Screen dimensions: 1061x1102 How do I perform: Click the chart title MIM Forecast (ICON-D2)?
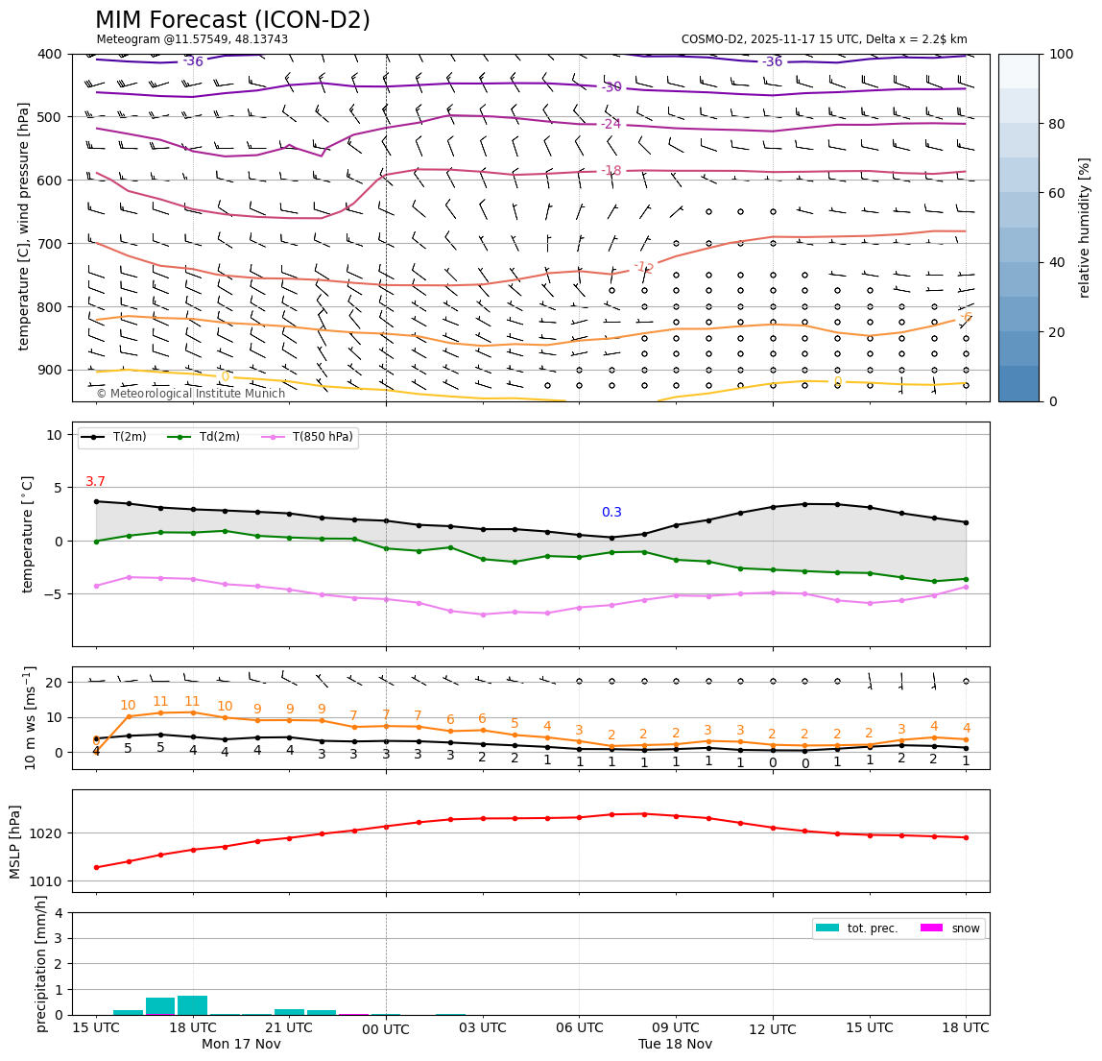click(x=232, y=20)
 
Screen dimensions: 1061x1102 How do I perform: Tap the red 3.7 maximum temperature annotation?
click(x=95, y=482)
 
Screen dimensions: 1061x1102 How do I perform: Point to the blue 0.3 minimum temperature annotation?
click(x=611, y=513)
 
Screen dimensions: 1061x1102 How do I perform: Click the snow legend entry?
click(x=965, y=928)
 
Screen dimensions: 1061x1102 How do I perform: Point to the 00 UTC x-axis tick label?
click(x=386, y=1030)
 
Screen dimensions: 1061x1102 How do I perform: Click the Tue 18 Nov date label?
click(x=675, y=1044)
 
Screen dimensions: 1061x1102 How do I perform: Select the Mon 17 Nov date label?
click(x=241, y=1044)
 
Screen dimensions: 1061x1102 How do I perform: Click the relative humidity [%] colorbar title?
click(x=1085, y=228)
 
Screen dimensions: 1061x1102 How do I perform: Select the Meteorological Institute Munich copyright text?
click(x=190, y=394)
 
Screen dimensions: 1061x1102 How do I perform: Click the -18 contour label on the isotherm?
click(x=611, y=171)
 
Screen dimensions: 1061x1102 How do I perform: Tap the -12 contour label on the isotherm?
click(x=643, y=267)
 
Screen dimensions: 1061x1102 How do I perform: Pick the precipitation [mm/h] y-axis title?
click(x=41, y=964)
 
